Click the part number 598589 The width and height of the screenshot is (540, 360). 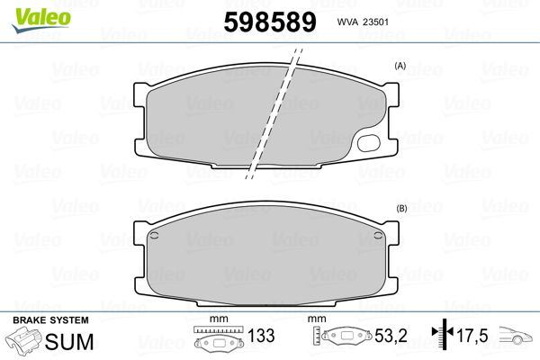270,22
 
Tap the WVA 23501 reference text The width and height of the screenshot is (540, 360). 363,22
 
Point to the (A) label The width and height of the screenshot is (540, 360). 400,66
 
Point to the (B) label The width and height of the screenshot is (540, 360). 401,209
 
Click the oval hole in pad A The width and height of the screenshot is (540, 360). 369,143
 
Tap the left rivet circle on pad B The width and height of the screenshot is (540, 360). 154,235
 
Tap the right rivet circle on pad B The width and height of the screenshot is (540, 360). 378,235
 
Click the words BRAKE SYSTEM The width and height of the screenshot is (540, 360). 50,320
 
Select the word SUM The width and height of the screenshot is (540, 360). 69,342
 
